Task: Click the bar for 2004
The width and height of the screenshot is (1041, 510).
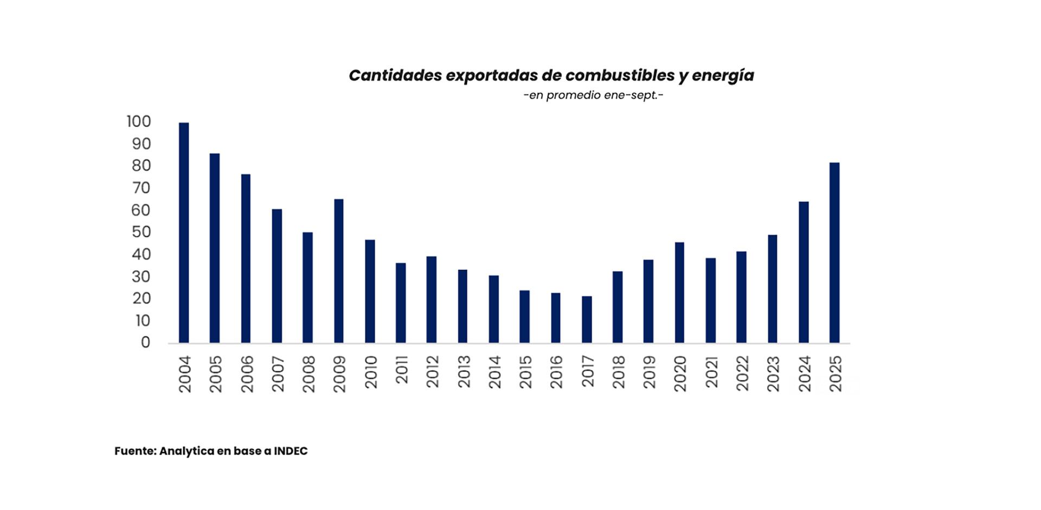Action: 184,233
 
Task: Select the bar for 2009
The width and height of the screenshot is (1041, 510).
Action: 339,271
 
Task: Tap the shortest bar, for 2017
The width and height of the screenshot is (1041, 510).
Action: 587,319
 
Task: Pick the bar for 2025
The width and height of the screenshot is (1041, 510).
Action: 834,253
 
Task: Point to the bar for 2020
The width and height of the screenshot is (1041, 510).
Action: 679,292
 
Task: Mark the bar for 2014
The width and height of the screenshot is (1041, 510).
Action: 493,309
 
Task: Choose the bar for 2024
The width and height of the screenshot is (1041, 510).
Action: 804,272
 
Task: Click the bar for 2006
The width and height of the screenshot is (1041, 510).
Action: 246,259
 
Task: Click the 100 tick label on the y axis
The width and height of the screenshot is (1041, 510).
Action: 138,121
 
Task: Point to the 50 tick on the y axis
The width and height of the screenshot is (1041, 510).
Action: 141,232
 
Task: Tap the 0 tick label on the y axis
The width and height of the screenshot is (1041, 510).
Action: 145,343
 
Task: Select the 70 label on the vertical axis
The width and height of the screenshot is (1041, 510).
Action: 141,188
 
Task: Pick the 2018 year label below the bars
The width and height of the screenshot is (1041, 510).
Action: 618,372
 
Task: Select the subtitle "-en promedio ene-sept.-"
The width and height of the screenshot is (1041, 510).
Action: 593,95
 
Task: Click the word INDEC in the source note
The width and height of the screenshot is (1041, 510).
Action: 291,451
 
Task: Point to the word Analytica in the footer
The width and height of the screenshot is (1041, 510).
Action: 186,451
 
